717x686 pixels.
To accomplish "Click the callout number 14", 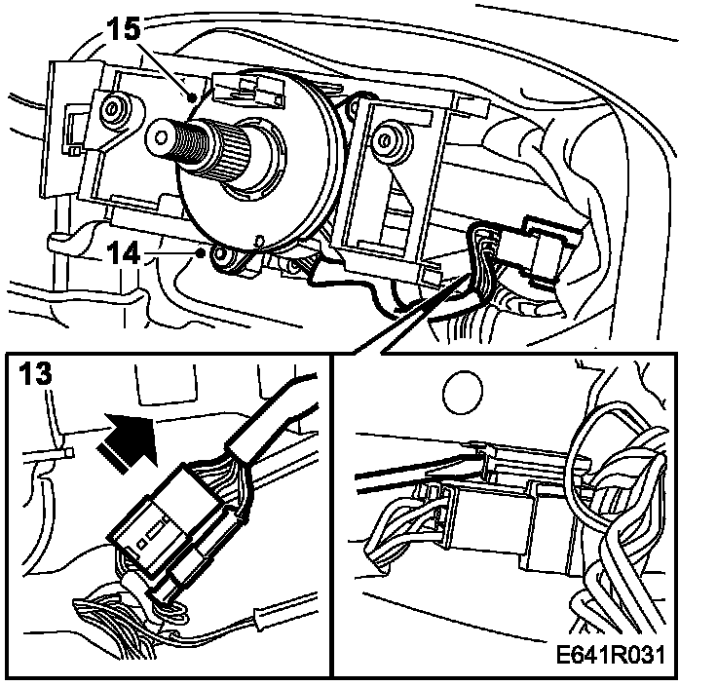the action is (x=123, y=253).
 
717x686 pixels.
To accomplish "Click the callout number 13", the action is (x=36, y=373).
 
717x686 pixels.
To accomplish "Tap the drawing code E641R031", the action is (x=611, y=655).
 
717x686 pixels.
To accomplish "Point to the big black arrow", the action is (x=127, y=440).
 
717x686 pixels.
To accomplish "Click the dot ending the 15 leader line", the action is (x=194, y=96).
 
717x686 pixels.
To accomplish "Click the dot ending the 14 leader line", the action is (x=200, y=252).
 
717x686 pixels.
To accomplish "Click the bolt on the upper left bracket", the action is (x=112, y=109).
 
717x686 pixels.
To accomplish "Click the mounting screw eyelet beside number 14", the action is (x=223, y=256).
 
